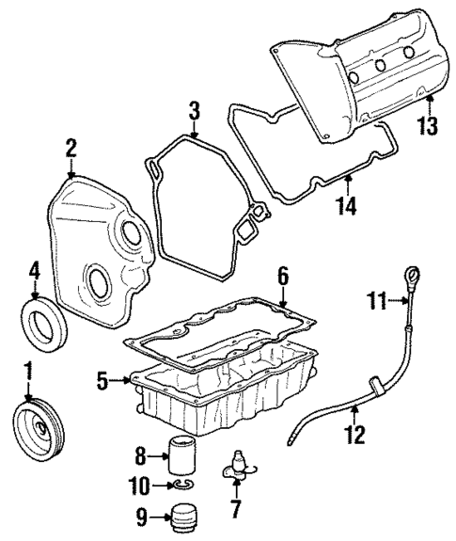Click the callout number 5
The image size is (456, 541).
click(x=103, y=381)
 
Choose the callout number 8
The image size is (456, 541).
click(x=141, y=455)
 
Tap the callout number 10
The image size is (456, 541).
click(x=141, y=485)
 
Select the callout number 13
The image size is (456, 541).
click(x=428, y=126)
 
